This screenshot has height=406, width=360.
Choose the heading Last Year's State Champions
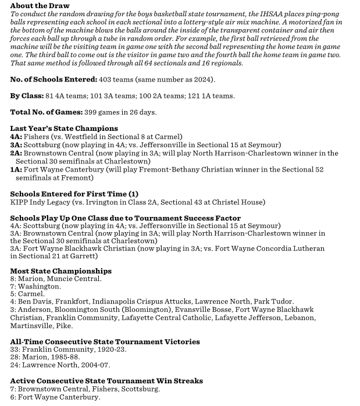pyautogui.click(x=64, y=128)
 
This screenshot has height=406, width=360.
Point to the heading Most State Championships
pyautogui.click(x=61, y=271)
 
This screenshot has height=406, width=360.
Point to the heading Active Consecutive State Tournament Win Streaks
pyautogui.click(x=106, y=381)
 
